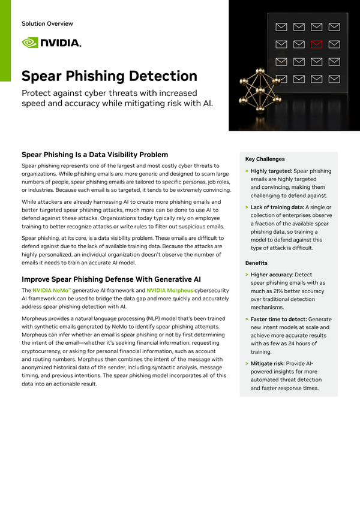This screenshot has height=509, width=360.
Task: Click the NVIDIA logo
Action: (51, 42)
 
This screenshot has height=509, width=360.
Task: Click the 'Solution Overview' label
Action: (47, 24)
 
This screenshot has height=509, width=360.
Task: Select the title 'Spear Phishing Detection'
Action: (109, 76)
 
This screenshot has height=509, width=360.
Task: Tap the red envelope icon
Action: (316, 44)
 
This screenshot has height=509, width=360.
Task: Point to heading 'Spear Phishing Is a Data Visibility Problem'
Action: (95, 155)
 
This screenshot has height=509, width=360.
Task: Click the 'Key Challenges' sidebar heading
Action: (265, 159)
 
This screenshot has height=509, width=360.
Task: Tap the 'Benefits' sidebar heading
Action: (257, 263)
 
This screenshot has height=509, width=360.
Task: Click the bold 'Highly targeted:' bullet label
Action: (271, 171)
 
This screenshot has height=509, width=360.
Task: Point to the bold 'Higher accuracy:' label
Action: (273, 274)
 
